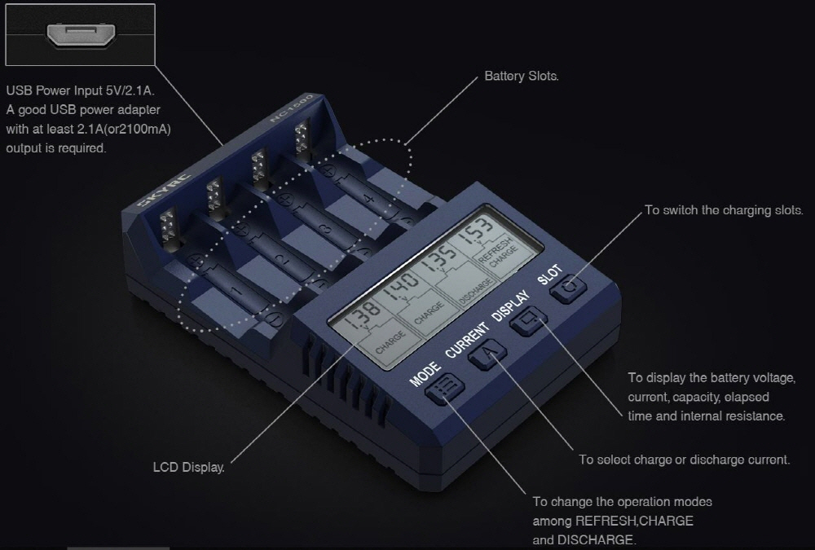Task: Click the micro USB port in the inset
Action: point(81,35)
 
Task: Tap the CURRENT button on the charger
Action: point(487,355)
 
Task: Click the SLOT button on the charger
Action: point(569,288)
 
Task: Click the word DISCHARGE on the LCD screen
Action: point(476,291)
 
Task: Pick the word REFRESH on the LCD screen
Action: point(494,249)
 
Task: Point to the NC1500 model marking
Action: point(292,108)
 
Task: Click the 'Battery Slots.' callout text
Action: point(522,76)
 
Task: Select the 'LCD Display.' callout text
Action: point(189,467)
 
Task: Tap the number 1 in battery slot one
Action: point(237,293)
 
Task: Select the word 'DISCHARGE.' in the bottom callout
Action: point(597,539)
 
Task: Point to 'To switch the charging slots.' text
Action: point(724,210)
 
